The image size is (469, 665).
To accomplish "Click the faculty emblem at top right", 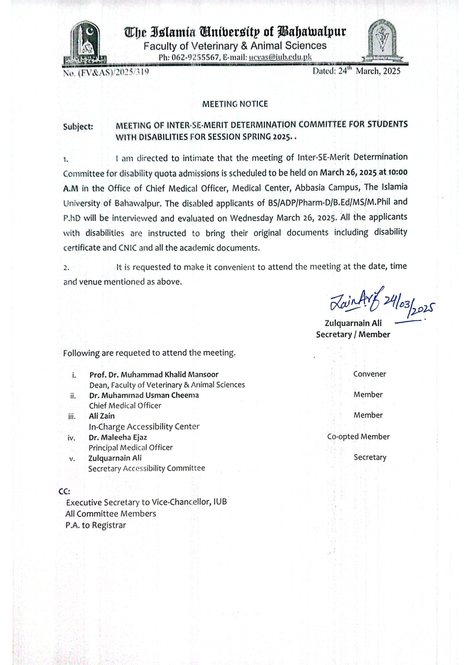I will point(384,40).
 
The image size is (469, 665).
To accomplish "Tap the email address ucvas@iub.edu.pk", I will point(280,57).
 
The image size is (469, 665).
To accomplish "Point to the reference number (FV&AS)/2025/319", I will point(105,72).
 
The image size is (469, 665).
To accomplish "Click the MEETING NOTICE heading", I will point(235,104).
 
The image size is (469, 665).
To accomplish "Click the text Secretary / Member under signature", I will point(353,335).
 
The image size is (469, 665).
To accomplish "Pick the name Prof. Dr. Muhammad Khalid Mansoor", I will point(154,374).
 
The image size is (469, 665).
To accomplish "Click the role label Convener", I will point(369,374).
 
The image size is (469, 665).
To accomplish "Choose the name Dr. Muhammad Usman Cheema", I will point(144,395).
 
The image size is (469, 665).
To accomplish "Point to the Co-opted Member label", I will point(358,437).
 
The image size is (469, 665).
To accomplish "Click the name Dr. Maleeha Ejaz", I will point(118,438).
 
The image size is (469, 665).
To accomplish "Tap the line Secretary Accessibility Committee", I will point(147,468).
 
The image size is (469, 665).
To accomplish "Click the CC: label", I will point(64,491).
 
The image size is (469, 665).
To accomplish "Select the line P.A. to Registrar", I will point(96,525).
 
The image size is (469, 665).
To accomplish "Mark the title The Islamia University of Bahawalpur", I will point(235,31).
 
